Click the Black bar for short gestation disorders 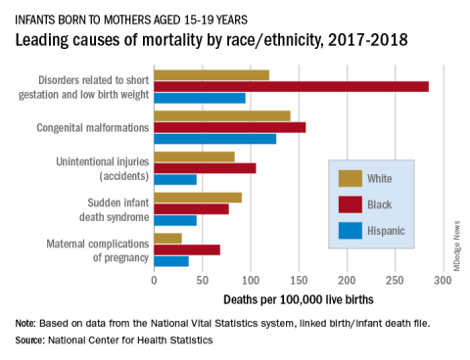pos(292,87)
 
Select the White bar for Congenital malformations pos(222,116)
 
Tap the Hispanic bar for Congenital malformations pos(215,139)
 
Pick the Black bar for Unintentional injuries pos(205,168)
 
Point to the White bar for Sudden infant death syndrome pos(198,198)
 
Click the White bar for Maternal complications pos(168,239)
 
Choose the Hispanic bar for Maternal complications pos(171,261)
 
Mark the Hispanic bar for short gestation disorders pos(200,98)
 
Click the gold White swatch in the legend pos(351,178)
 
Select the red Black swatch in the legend pos(351,204)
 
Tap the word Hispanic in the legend pos(386,231)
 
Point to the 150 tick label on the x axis pos(299,281)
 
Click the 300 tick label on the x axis pos(443,281)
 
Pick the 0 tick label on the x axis pos(154,281)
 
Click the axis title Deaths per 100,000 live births pos(299,299)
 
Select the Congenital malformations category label pos(93,128)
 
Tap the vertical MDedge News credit pos(456,246)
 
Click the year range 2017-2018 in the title pos(368,40)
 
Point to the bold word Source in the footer pos(29,340)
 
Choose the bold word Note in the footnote pos(24,324)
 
